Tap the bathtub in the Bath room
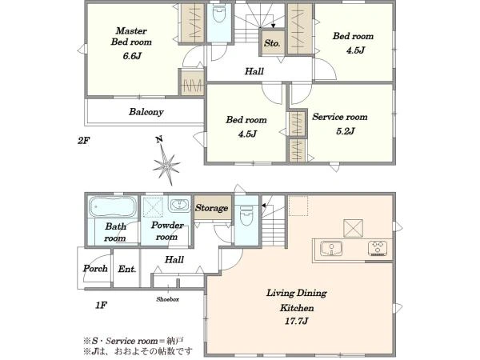113,207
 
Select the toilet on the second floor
219,14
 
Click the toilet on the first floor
246,215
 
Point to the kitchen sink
331,248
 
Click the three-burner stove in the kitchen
378,248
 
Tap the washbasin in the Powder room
179,205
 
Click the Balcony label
146,112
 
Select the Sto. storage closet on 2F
272,42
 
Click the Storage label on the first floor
211,208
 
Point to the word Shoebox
167,299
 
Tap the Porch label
95,269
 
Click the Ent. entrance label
127,269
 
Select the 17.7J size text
297,321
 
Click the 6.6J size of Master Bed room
132,56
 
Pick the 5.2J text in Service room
346,131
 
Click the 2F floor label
83,141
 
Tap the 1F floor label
101,305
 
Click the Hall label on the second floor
254,71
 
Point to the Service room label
340,117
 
